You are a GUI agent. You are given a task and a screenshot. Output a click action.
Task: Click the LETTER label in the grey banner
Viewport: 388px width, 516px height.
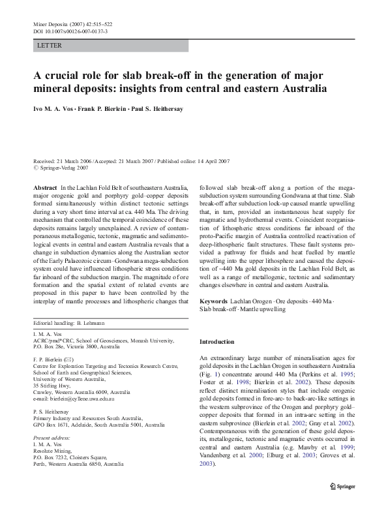[50, 46]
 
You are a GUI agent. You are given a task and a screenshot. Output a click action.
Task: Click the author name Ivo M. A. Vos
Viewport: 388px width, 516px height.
[57, 110]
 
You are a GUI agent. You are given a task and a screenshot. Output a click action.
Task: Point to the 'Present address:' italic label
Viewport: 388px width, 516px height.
[50, 438]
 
